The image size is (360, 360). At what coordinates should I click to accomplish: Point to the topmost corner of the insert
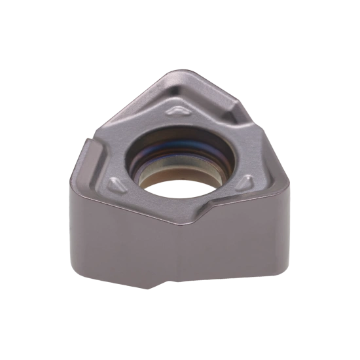[185, 70]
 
